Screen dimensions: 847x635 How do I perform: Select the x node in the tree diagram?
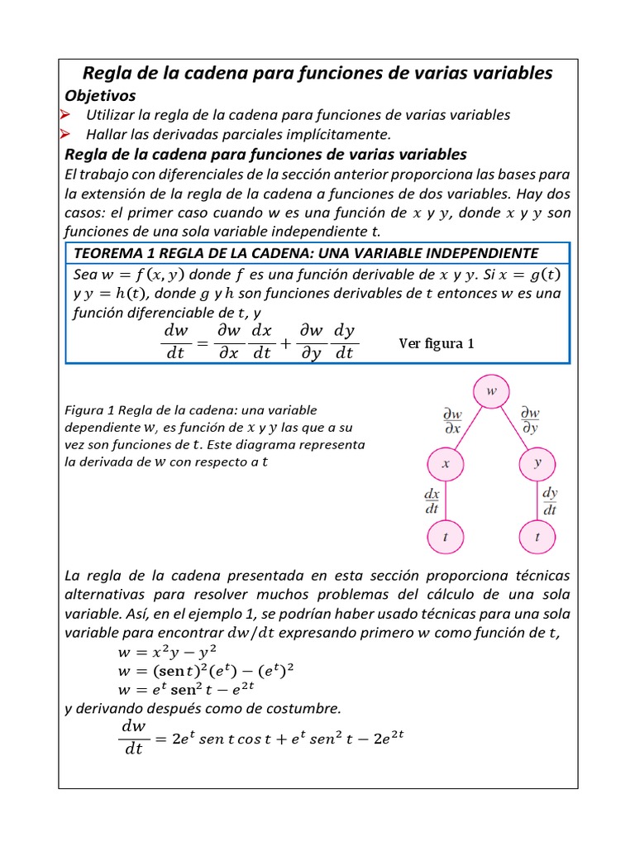[446, 464]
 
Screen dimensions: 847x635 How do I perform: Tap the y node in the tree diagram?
[537, 463]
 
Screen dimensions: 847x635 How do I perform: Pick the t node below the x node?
[446, 537]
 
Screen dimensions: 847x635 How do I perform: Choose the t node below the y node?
[537, 537]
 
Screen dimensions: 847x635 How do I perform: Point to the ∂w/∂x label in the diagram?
[453, 421]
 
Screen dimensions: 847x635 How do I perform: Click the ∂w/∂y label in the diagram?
[530, 421]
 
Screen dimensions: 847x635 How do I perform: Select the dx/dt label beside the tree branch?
[432, 500]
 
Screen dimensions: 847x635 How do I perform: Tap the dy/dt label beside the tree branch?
[550, 500]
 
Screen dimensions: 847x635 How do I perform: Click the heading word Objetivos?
[100, 95]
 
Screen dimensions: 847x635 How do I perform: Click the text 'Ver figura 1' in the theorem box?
[437, 343]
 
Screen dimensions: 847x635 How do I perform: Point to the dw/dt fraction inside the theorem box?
[176, 342]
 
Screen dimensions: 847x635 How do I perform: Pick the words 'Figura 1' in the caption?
[88, 410]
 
